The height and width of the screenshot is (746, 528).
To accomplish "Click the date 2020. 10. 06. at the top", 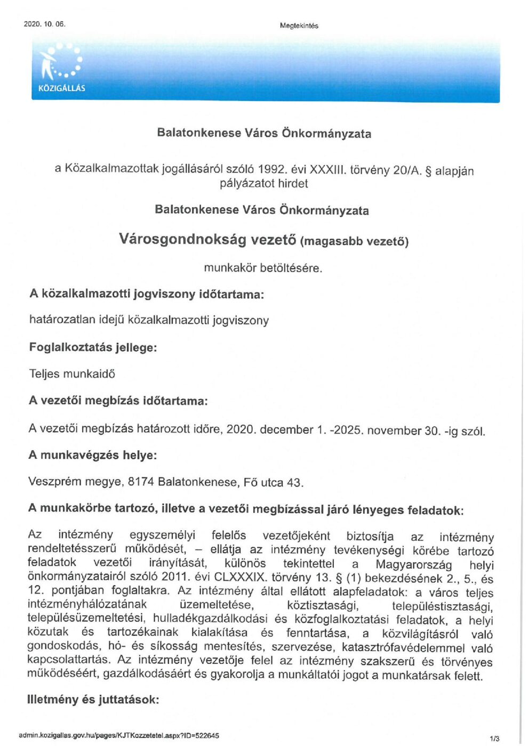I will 45,24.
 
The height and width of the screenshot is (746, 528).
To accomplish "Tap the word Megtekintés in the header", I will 299,26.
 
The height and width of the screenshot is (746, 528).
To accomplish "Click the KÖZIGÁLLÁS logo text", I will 62,88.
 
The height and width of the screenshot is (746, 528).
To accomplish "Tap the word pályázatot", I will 241,184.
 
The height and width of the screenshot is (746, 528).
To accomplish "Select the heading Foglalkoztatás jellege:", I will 93,347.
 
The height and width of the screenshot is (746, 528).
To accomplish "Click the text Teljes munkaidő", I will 72,374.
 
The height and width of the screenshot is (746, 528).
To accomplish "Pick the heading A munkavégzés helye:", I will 93,455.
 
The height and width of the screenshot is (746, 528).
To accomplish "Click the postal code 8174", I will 141,482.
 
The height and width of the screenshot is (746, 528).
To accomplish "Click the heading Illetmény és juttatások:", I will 93,699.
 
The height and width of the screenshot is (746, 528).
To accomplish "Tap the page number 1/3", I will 494,739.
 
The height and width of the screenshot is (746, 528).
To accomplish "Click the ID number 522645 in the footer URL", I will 207,736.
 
